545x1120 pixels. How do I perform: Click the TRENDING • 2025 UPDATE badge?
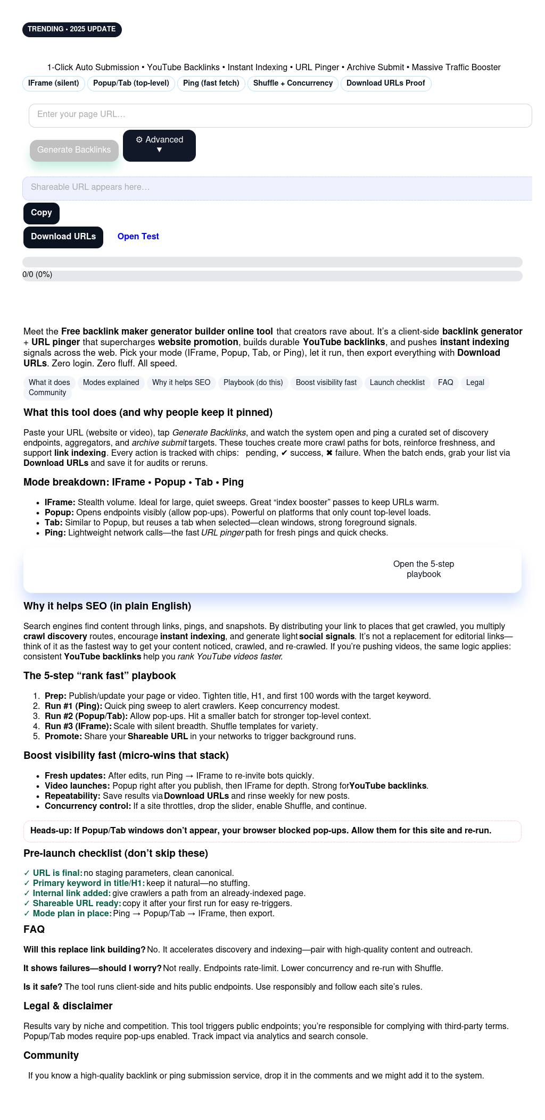(72, 29)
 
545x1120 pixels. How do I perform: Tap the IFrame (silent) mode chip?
(53, 83)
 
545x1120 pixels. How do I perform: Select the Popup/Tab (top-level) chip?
(131, 83)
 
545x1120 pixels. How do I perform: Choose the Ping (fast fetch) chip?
(211, 83)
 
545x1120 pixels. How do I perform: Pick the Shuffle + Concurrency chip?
(293, 83)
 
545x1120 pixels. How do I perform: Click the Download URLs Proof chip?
(385, 83)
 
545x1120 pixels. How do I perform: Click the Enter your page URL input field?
(280, 115)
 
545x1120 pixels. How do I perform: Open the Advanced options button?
(159, 145)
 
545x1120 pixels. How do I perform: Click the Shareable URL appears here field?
(277, 188)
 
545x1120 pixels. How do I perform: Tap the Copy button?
(42, 213)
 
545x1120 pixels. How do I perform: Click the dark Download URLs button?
(63, 237)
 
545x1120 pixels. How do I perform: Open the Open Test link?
(138, 237)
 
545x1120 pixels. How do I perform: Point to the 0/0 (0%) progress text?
(37, 275)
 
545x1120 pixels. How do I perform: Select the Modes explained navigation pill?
(111, 383)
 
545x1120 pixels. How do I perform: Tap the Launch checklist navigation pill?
(397, 383)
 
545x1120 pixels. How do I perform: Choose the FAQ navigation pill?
(445, 383)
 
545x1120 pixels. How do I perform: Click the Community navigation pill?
(47, 393)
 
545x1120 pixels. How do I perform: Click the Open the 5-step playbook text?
(423, 569)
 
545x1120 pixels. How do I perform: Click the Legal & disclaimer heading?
(68, 1006)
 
